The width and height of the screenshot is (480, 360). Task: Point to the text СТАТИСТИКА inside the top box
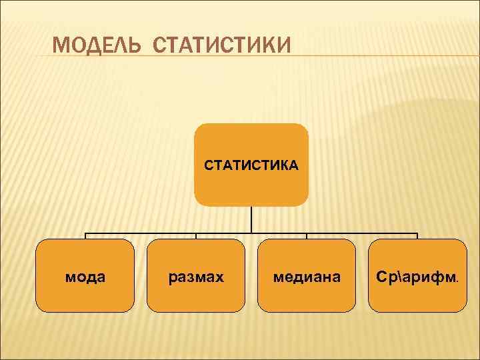pyautogui.click(x=251, y=164)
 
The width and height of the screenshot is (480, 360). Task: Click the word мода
pyautogui.click(x=85, y=276)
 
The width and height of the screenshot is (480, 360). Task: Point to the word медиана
pyautogui.click(x=307, y=276)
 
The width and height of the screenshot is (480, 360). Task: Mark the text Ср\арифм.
pyautogui.click(x=417, y=276)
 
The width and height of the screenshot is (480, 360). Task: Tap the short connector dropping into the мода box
pyautogui.click(x=85, y=236)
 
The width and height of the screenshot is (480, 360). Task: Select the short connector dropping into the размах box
pyautogui.click(x=196, y=236)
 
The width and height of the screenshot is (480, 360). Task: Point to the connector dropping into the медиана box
pyautogui.click(x=307, y=236)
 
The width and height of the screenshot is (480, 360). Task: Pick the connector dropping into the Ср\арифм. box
pyautogui.click(x=417, y=236)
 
